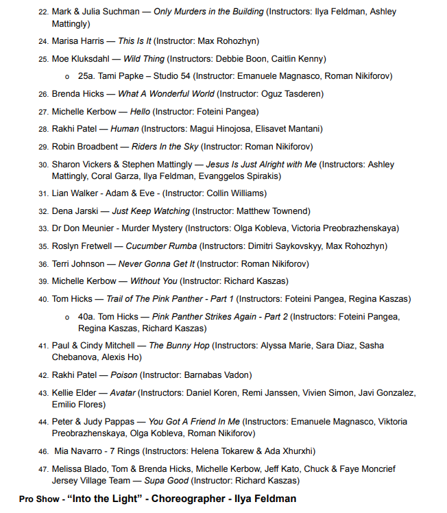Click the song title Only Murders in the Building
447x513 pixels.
coord(208,12)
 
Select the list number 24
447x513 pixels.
coord(43,42)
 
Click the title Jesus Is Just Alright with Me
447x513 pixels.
coord(261,165)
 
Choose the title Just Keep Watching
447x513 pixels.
coord(150,211)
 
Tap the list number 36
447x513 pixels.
coord(43,264)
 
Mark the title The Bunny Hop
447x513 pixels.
coord(179,346)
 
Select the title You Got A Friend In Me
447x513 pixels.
coord(195,422)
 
